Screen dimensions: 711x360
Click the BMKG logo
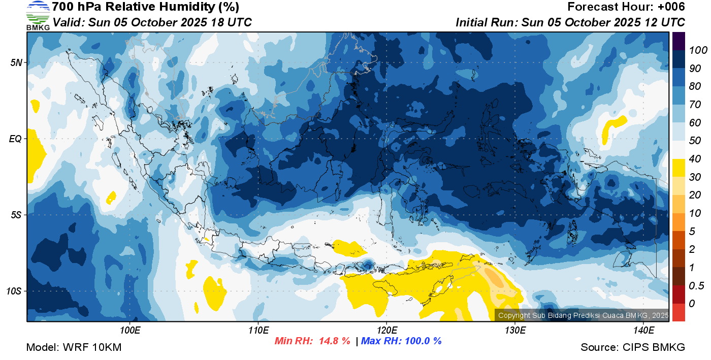(x=38, y=16)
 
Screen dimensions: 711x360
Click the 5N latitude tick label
(x=16, y=62)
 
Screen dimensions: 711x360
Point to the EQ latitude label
(x=15, y=139)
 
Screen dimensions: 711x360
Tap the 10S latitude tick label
(x=14, y=291)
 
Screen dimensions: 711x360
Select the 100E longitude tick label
(x=130, y=330)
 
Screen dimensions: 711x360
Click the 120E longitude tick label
(x=386, y=330)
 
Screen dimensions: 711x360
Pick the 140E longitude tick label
(x=643, y=330)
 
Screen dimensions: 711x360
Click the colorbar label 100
(x=698, y=50)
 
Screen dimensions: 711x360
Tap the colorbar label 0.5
(x=696, y=286)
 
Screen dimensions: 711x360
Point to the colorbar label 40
(x=695, y=159)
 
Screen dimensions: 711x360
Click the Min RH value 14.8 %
(x=335, y=341)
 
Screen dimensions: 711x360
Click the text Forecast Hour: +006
(x=626, y=7)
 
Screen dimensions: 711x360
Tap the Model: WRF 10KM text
(x=74, y=347)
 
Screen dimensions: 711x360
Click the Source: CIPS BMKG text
(x=633, y=347)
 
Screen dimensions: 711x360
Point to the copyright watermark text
(x=583, y=315)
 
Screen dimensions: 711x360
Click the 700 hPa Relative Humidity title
(x=145, y=7)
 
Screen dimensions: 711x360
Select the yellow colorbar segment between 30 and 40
(x=678, y=168)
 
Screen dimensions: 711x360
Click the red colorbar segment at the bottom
(x=678, y=312)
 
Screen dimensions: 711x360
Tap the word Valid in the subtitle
(x=68, y=22)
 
